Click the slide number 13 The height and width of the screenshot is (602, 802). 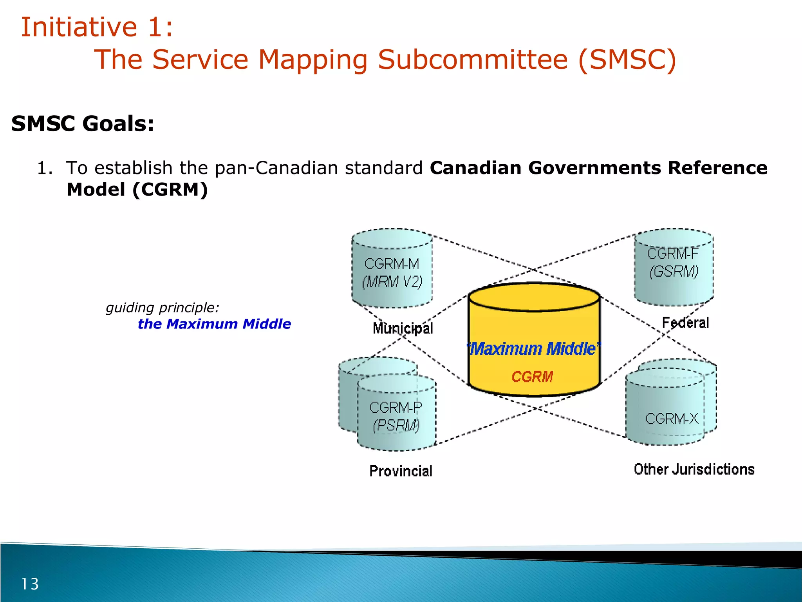30,584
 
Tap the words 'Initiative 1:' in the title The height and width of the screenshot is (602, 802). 97,27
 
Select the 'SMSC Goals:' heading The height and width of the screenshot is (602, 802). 83,124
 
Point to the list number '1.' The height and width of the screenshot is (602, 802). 44,168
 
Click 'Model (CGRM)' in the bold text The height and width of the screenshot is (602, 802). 137,190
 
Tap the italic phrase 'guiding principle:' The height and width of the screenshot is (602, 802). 162,308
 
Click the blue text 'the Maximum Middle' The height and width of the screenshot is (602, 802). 214,324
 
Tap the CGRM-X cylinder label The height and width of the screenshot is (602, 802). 671,419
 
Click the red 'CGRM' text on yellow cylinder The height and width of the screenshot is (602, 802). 532,377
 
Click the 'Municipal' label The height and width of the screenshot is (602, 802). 403,328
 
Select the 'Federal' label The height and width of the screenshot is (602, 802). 685,323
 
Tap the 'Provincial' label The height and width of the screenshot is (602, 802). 401,471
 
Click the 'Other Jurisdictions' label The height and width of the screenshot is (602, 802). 694,469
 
